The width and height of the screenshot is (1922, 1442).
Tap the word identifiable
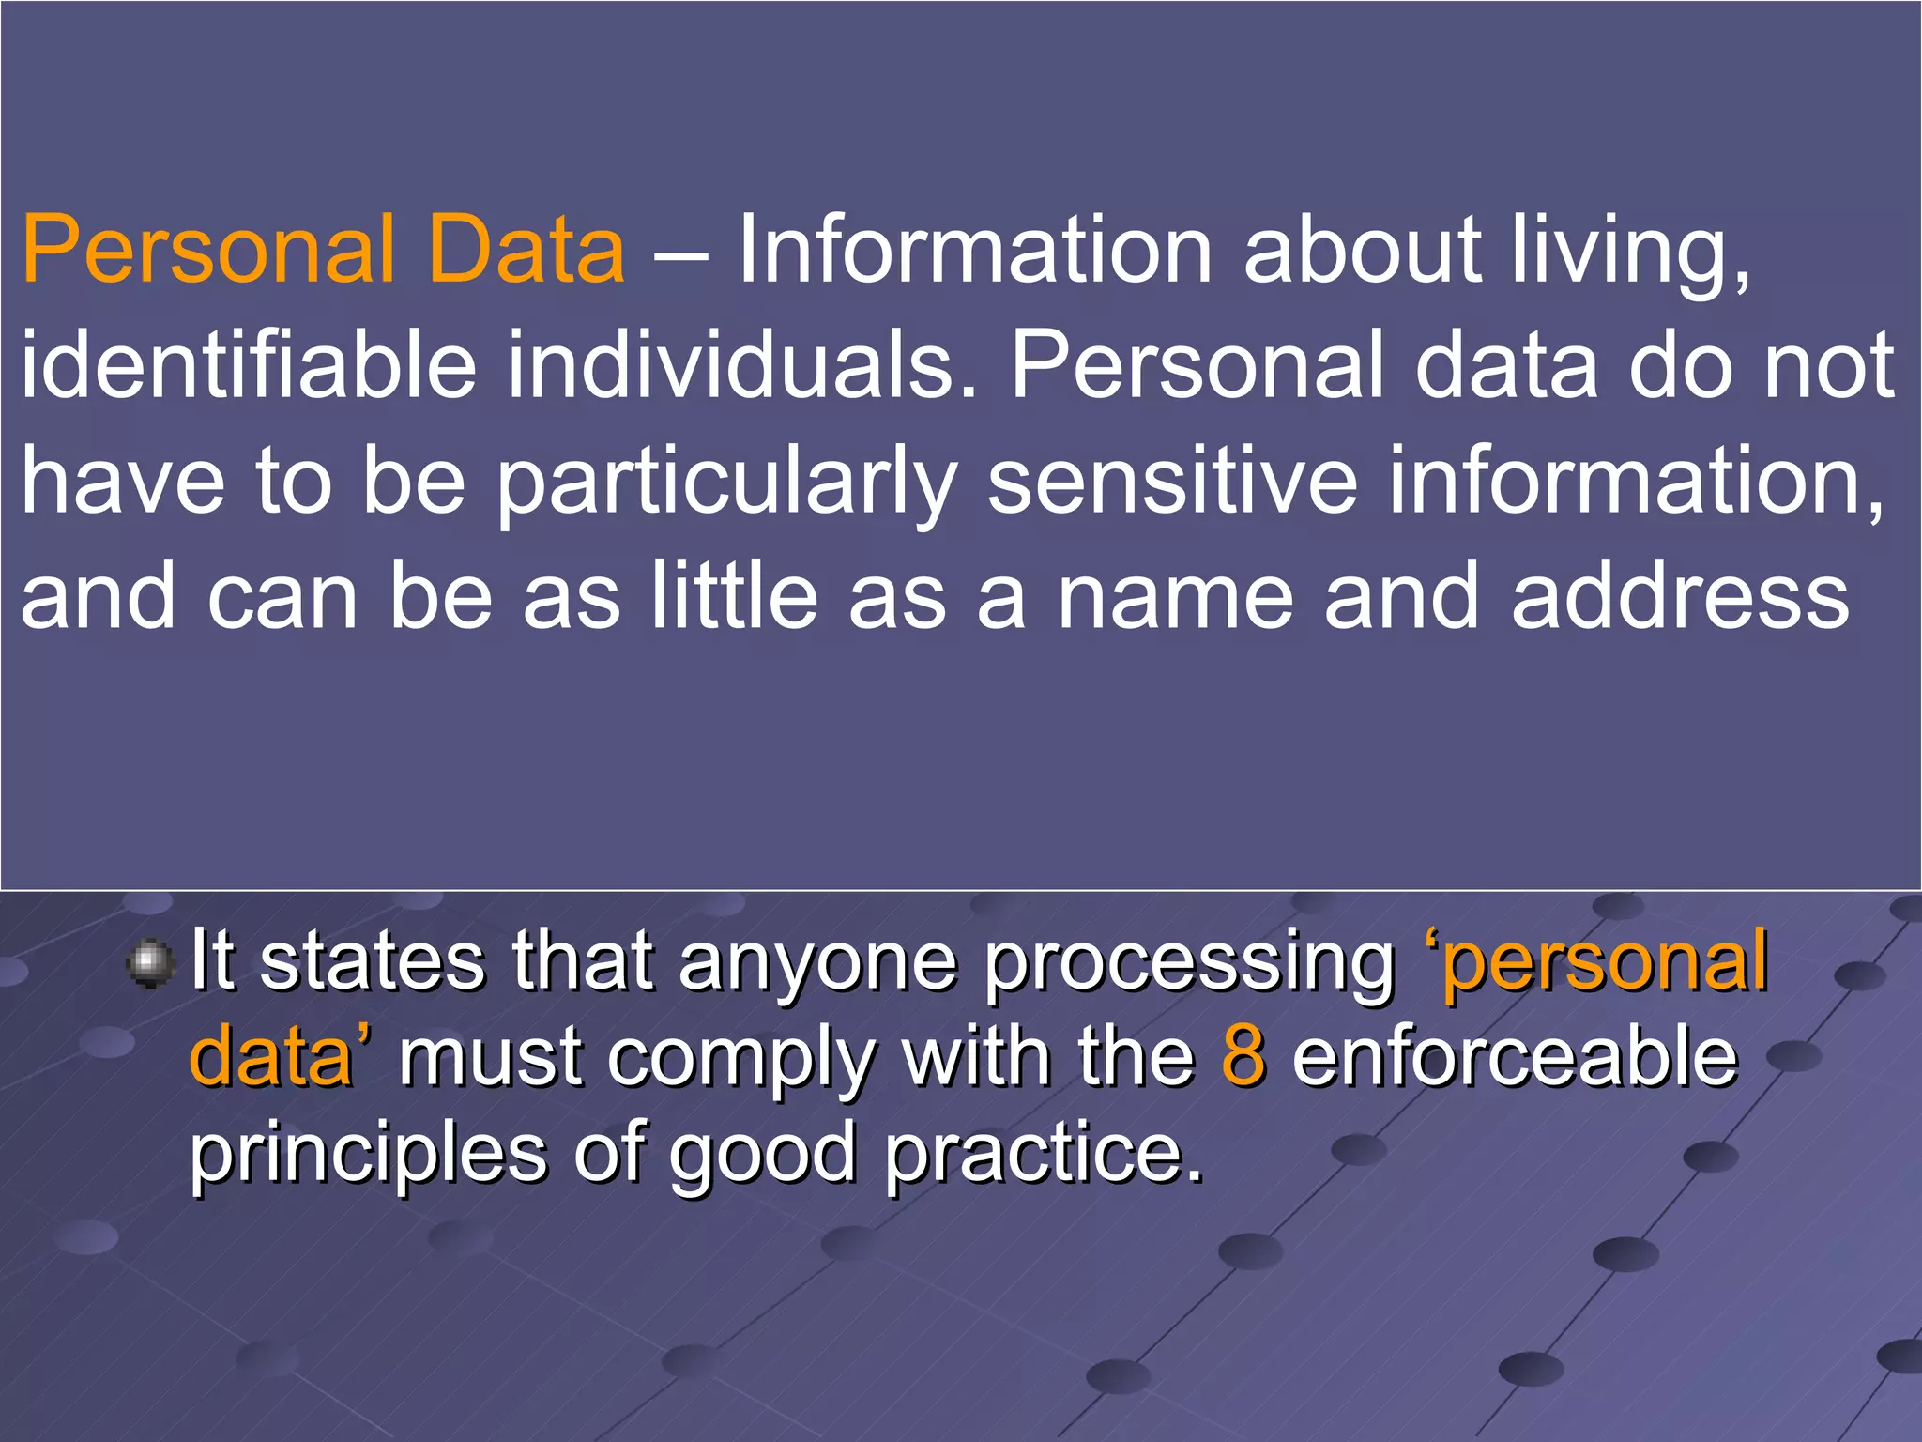249,366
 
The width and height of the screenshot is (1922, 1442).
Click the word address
1680,597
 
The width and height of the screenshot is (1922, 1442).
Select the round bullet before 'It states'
150,964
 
